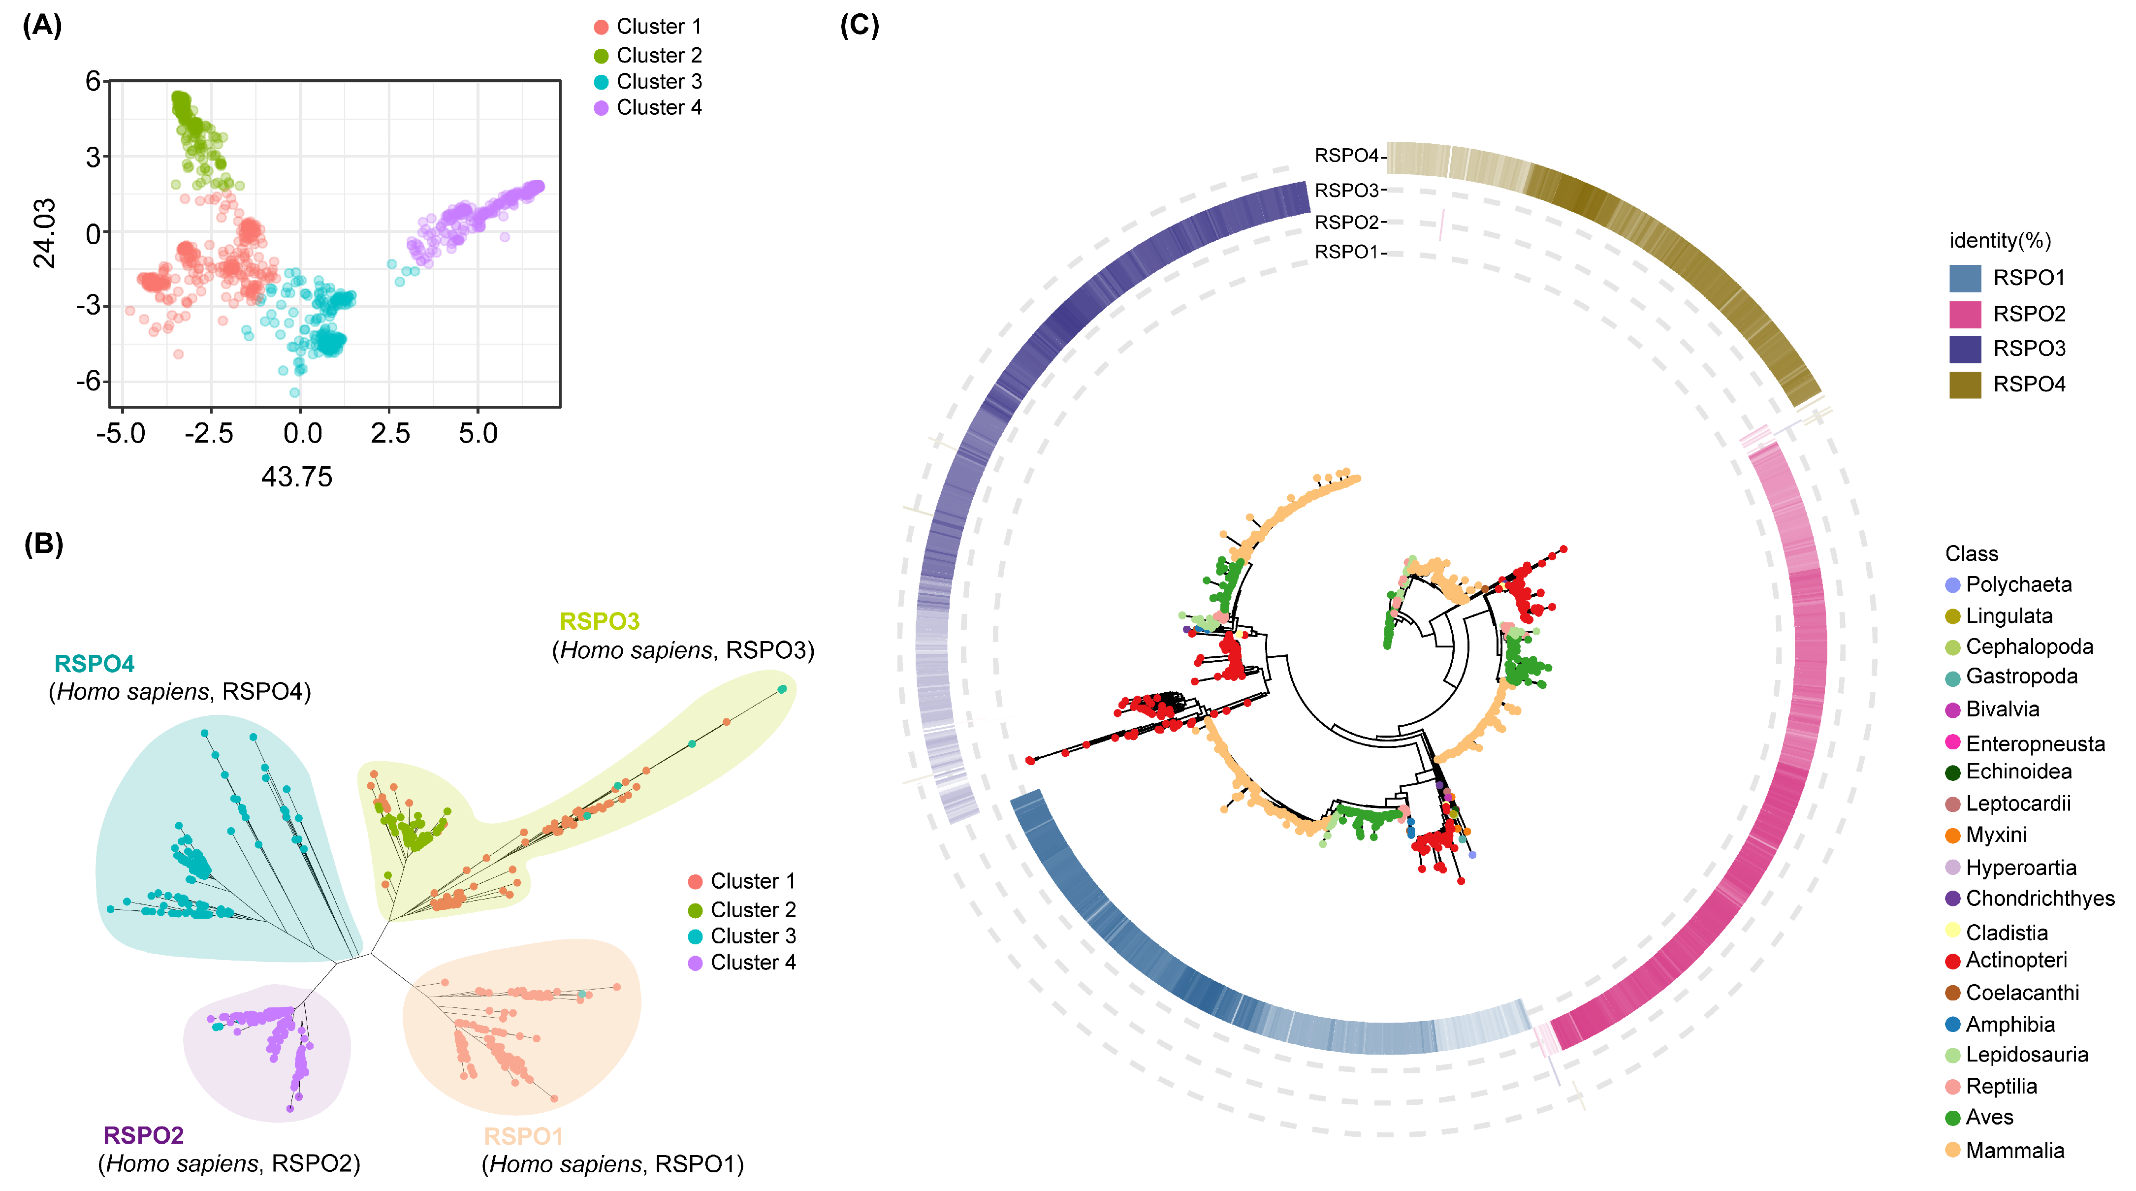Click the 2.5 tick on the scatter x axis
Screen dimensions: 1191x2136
click(390, 433)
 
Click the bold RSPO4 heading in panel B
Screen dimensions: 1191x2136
click(94, 664)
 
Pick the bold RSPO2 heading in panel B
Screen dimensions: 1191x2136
click(143, 1134)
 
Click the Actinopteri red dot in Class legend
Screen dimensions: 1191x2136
click(1953, 961)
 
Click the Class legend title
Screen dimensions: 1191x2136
click(1971, 553)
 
